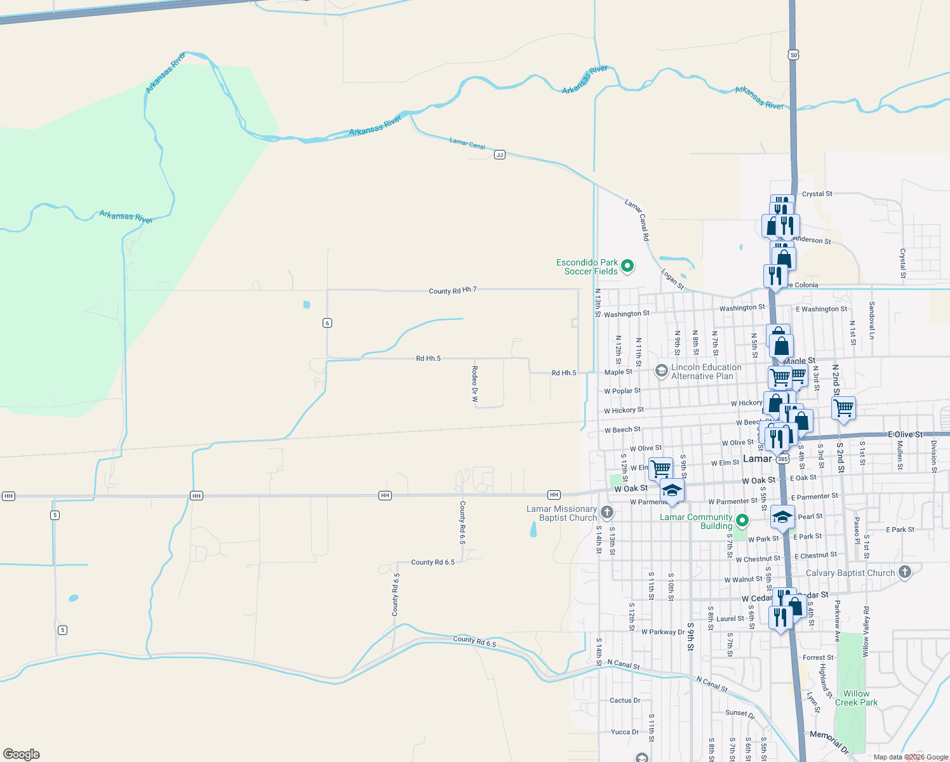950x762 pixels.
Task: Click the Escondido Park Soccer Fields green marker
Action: (627, 266)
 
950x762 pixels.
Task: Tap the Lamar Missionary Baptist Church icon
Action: (607, 512)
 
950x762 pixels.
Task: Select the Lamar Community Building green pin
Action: (742, 521)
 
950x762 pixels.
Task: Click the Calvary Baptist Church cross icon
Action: (905, 572)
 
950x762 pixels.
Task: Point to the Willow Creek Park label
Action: (856, 698)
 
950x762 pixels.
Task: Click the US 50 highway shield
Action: (794, 55)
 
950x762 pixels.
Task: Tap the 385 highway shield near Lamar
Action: (782, 459)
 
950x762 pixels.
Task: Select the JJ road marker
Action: (500, 155)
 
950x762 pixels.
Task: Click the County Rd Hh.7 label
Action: (452, 290)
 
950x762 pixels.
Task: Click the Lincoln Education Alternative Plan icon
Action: (662, 370)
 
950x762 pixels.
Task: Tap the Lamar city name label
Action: (757, 458)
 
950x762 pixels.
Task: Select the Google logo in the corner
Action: (22, 754)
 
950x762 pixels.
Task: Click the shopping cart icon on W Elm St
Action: (660, 468)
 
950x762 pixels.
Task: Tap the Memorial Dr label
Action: (829, 741)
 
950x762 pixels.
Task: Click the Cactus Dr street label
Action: (625, 700)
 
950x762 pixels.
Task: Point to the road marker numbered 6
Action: (328, 323)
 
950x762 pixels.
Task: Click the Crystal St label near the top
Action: (817, 194)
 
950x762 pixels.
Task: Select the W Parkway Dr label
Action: (663, 632)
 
